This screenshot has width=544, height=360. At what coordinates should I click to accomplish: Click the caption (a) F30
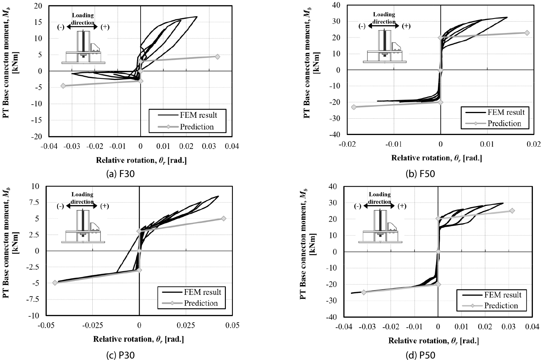[120, 174]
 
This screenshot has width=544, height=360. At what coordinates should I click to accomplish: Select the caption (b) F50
[420, 174]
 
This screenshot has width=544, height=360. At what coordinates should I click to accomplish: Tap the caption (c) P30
[120, 355]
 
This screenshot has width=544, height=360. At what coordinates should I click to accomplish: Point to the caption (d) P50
[420, 355]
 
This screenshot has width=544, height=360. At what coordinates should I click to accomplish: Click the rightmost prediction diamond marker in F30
[217, 57]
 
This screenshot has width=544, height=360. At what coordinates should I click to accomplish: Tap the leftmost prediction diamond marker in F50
[354, 107]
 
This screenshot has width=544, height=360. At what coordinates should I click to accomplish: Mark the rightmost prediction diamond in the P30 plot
[224, 218]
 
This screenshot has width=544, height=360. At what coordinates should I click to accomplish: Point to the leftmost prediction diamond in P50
[364, 292]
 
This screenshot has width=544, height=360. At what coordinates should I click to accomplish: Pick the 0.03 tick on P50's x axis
[509, 327]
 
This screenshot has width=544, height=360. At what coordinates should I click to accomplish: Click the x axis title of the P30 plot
[138, 339]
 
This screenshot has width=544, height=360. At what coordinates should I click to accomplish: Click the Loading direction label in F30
[83, 19]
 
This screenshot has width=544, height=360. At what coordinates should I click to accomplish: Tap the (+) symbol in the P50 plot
[402, 206]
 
